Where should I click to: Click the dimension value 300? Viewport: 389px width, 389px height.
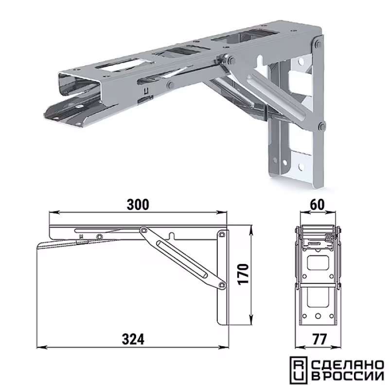tap(138, 204)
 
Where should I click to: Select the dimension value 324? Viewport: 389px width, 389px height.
tap(133, 339)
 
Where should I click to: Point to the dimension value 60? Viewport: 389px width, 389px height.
tap(318, 204)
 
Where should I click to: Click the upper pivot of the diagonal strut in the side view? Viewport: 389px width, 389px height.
tap(142, 230)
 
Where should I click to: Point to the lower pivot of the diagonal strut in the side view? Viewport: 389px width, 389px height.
tap(223, 285)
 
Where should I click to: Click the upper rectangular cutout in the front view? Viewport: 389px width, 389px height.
tap(318, 263)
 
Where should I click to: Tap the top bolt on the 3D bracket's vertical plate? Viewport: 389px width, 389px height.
tap(318, 45)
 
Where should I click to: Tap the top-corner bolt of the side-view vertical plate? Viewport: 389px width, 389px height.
tap(222, 234)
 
